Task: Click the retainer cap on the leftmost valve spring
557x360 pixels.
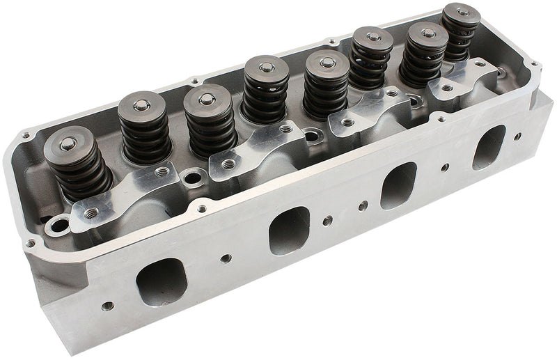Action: coord(68,147)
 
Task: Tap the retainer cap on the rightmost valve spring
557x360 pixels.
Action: coord(462,15)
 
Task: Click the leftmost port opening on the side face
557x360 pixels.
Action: coord(162,281)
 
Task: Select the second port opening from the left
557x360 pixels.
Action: coord(288,229)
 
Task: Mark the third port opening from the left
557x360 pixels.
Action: coord(398,184)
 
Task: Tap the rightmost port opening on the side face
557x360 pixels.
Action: coord(489,146)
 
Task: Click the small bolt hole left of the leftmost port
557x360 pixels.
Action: coord(107,305)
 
